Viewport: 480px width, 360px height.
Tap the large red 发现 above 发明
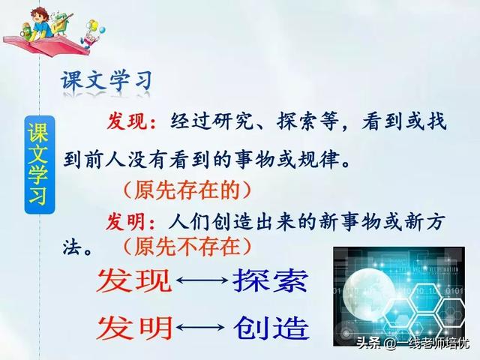pos(134,281)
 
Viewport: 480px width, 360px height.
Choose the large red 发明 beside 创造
pos(134,327)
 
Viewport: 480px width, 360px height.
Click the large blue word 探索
pos(270,281)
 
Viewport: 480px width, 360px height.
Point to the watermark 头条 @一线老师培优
pos(412,343)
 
